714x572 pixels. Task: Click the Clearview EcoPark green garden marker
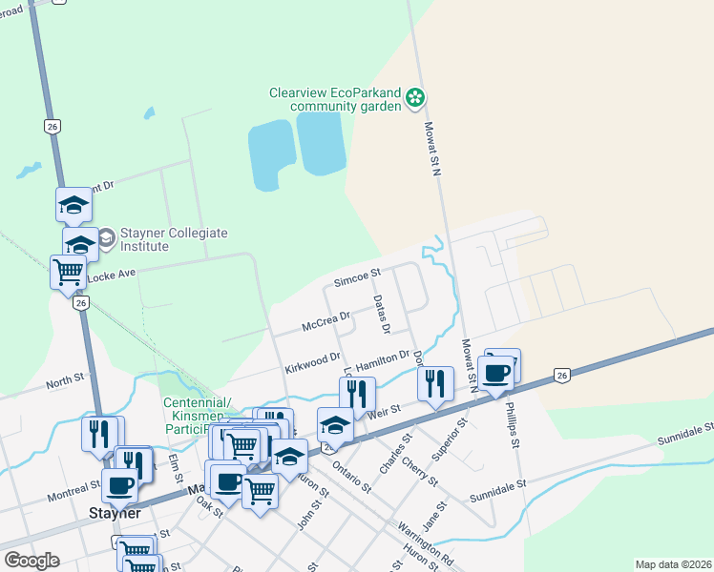point(415,97)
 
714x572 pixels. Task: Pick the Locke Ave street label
point(113,277)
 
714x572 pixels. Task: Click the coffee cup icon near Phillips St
point(496,371)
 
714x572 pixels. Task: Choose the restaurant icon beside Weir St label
point(435,383)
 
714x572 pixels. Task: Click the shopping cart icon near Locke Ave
point(68,271)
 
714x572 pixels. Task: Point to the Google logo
point(31,561)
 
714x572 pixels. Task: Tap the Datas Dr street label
point(382,315)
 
